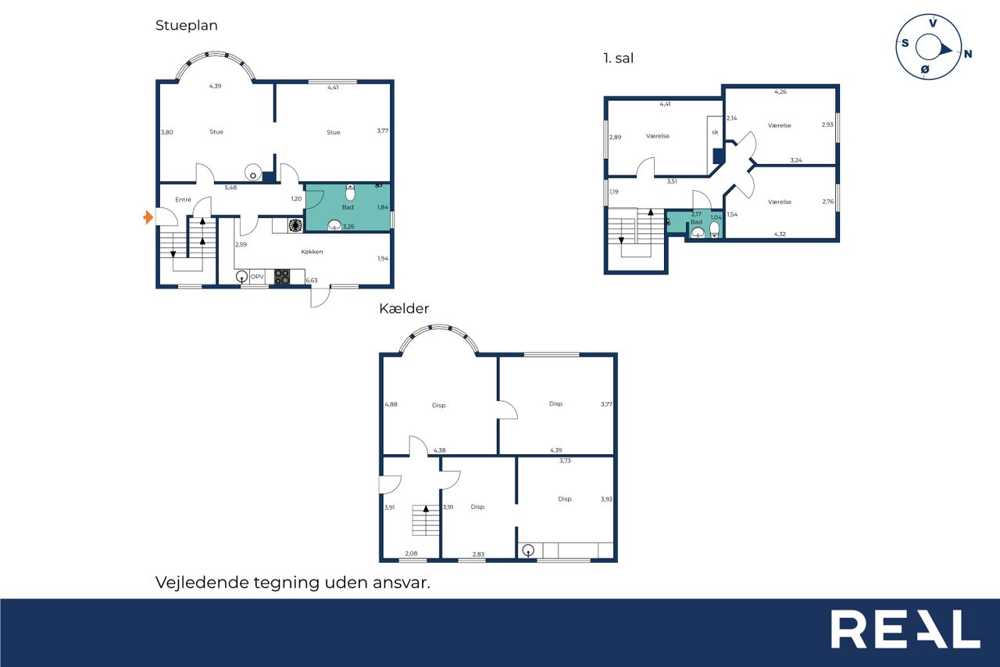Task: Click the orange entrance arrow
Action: (x=148, y=217)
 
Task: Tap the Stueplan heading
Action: (x=187, y=26)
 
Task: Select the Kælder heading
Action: (x=404, y=308)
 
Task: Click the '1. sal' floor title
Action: (x=618, y=58)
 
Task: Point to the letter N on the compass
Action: (x=968, y=54)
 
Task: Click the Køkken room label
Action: (x=312, y=252)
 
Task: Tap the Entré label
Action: (x=183, y=199)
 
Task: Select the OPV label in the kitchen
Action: (x=257, y=277)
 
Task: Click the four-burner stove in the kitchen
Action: (x=282, y=277)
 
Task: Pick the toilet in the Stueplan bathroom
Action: (x=351, y=192)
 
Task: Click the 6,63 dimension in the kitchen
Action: (x=312, y=281)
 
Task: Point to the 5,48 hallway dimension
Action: (x=230, y=188)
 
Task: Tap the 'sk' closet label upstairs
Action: (x=715, y=132)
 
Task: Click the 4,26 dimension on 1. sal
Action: (x=780, y=92)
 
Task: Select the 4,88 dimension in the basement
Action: (x=391, y=404)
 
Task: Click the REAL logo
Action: (x=905, y=629)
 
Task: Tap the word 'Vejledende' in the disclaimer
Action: (x=202, y=583)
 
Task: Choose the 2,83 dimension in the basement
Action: (x=478, y=554)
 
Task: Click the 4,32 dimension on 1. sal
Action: (x=780, y=234)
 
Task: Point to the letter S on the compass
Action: (x=905, y=43)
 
